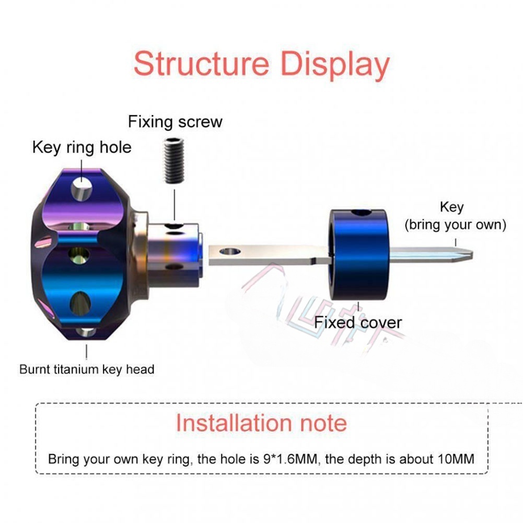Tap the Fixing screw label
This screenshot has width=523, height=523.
[175, 122]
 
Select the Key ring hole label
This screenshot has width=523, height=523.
[82, 147]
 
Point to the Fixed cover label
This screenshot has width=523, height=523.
[358, 322]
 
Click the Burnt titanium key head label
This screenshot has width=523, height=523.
[87, 369]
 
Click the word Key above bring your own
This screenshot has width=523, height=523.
[451, 207]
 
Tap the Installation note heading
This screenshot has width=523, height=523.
[261, 422]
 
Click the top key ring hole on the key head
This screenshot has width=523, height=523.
[82, 188]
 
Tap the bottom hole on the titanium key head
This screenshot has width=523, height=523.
[83, 332]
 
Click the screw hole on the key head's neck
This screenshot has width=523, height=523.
[172, 227]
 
